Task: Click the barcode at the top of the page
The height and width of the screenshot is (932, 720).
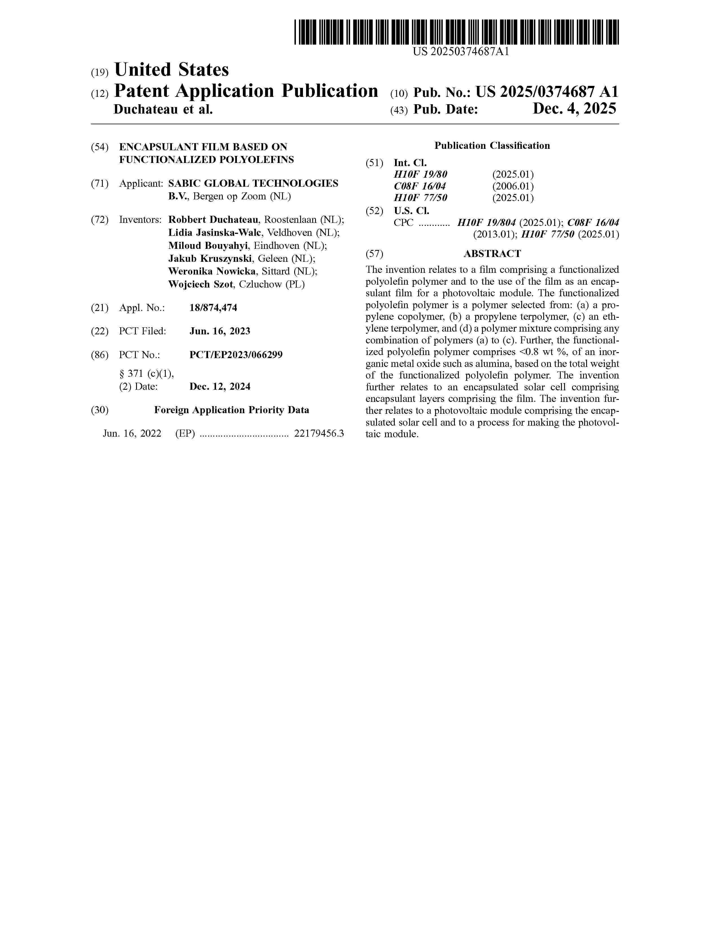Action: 456,32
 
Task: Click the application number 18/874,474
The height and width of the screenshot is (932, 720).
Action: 213,308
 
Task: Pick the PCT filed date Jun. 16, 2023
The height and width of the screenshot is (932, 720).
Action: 220,331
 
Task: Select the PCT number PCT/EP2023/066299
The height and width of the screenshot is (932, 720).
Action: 236,355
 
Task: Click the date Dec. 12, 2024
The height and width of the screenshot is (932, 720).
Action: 220,387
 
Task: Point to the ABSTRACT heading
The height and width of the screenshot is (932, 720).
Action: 492,254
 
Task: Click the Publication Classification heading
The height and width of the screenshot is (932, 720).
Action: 492,146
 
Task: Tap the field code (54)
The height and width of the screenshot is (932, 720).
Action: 100,147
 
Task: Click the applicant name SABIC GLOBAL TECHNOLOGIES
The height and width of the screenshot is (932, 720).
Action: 253,184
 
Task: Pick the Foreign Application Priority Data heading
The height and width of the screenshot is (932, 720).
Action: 232,410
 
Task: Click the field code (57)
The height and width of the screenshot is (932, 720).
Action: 374,254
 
